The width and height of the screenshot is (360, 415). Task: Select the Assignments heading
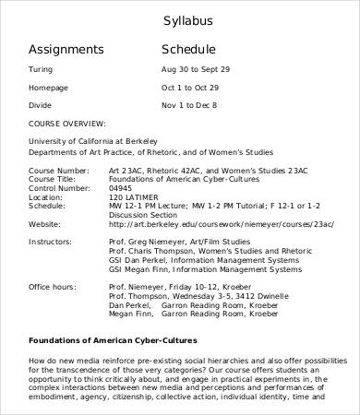click(x=66, y=50)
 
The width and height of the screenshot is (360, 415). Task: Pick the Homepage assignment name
click(x=50, y=88)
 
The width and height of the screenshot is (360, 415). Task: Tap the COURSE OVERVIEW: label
click(x=66, y=122)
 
